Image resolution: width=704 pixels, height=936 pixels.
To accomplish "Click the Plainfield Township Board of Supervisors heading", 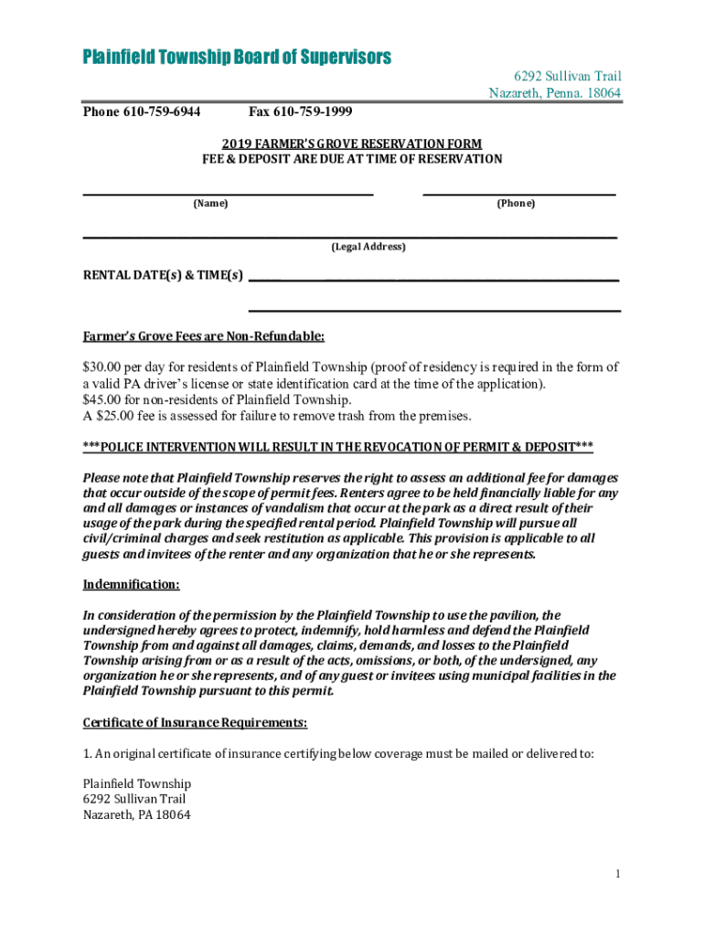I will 237,58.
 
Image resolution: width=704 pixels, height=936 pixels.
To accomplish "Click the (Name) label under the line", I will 210,203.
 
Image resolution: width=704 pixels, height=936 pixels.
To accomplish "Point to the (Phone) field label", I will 516,203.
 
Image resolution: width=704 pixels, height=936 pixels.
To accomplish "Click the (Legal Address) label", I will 368,247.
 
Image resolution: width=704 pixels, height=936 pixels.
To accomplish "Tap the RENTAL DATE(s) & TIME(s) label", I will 163,274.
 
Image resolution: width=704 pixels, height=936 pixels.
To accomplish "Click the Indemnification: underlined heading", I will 131,584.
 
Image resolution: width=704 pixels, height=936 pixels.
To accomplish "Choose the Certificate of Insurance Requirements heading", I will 195,723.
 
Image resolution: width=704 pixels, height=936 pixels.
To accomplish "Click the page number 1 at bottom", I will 618,875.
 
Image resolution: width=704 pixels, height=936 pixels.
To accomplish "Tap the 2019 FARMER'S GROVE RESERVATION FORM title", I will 352,144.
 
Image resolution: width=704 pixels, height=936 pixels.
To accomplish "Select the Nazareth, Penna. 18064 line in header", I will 556,93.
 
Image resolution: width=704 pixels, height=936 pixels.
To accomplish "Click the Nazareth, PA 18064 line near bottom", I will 137,815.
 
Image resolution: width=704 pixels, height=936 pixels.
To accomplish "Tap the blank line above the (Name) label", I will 229,193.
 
